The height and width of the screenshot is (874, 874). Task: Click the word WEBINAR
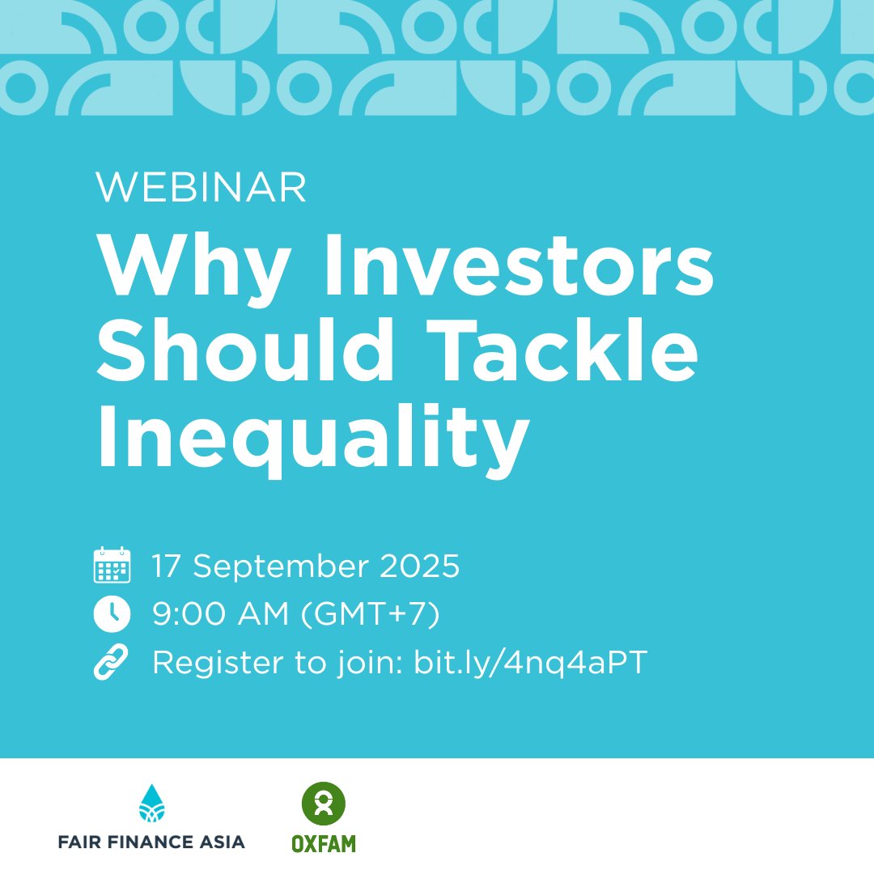201,187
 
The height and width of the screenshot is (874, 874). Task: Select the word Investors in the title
519,265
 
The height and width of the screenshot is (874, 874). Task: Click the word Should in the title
246,350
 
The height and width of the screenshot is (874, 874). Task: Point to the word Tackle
562,350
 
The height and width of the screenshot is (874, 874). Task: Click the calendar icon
112,565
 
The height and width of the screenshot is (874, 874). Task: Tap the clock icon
112,613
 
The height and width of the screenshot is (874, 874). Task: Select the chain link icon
111,662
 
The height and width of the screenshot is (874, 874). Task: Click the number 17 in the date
166,566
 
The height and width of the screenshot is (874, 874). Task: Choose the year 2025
420,566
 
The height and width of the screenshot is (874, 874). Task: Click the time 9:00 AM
221,613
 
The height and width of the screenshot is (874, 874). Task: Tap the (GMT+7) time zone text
371,614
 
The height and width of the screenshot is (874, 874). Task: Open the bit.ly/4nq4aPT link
530,663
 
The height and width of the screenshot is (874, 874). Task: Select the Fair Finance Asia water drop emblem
151,804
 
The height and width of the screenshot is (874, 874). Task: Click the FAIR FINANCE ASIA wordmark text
151,842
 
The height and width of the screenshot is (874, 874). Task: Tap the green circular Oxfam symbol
323,804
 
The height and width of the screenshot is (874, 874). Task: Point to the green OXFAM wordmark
324,844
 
